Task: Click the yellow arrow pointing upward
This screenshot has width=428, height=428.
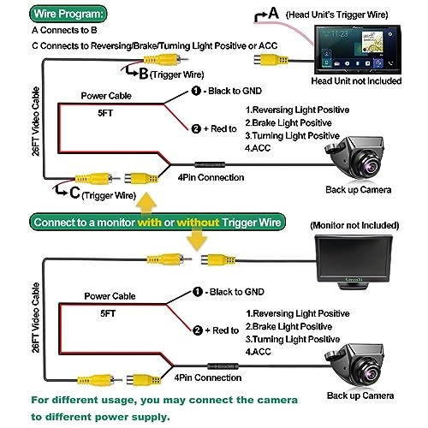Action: click(147, 202)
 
